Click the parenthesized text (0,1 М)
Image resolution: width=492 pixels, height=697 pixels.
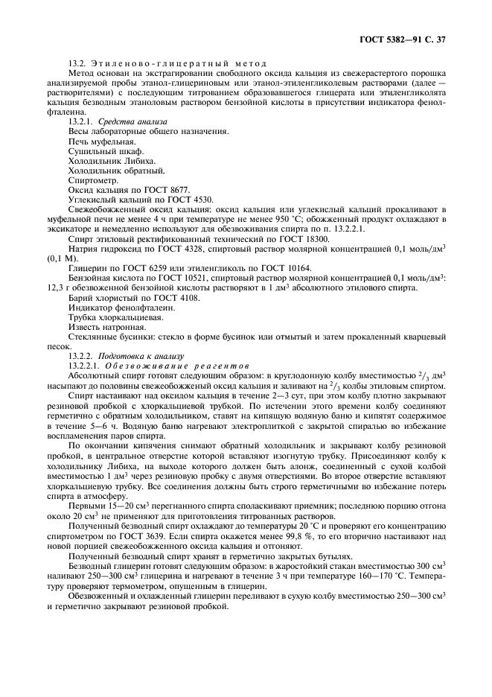pyautogui.click(x=60, y=267)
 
